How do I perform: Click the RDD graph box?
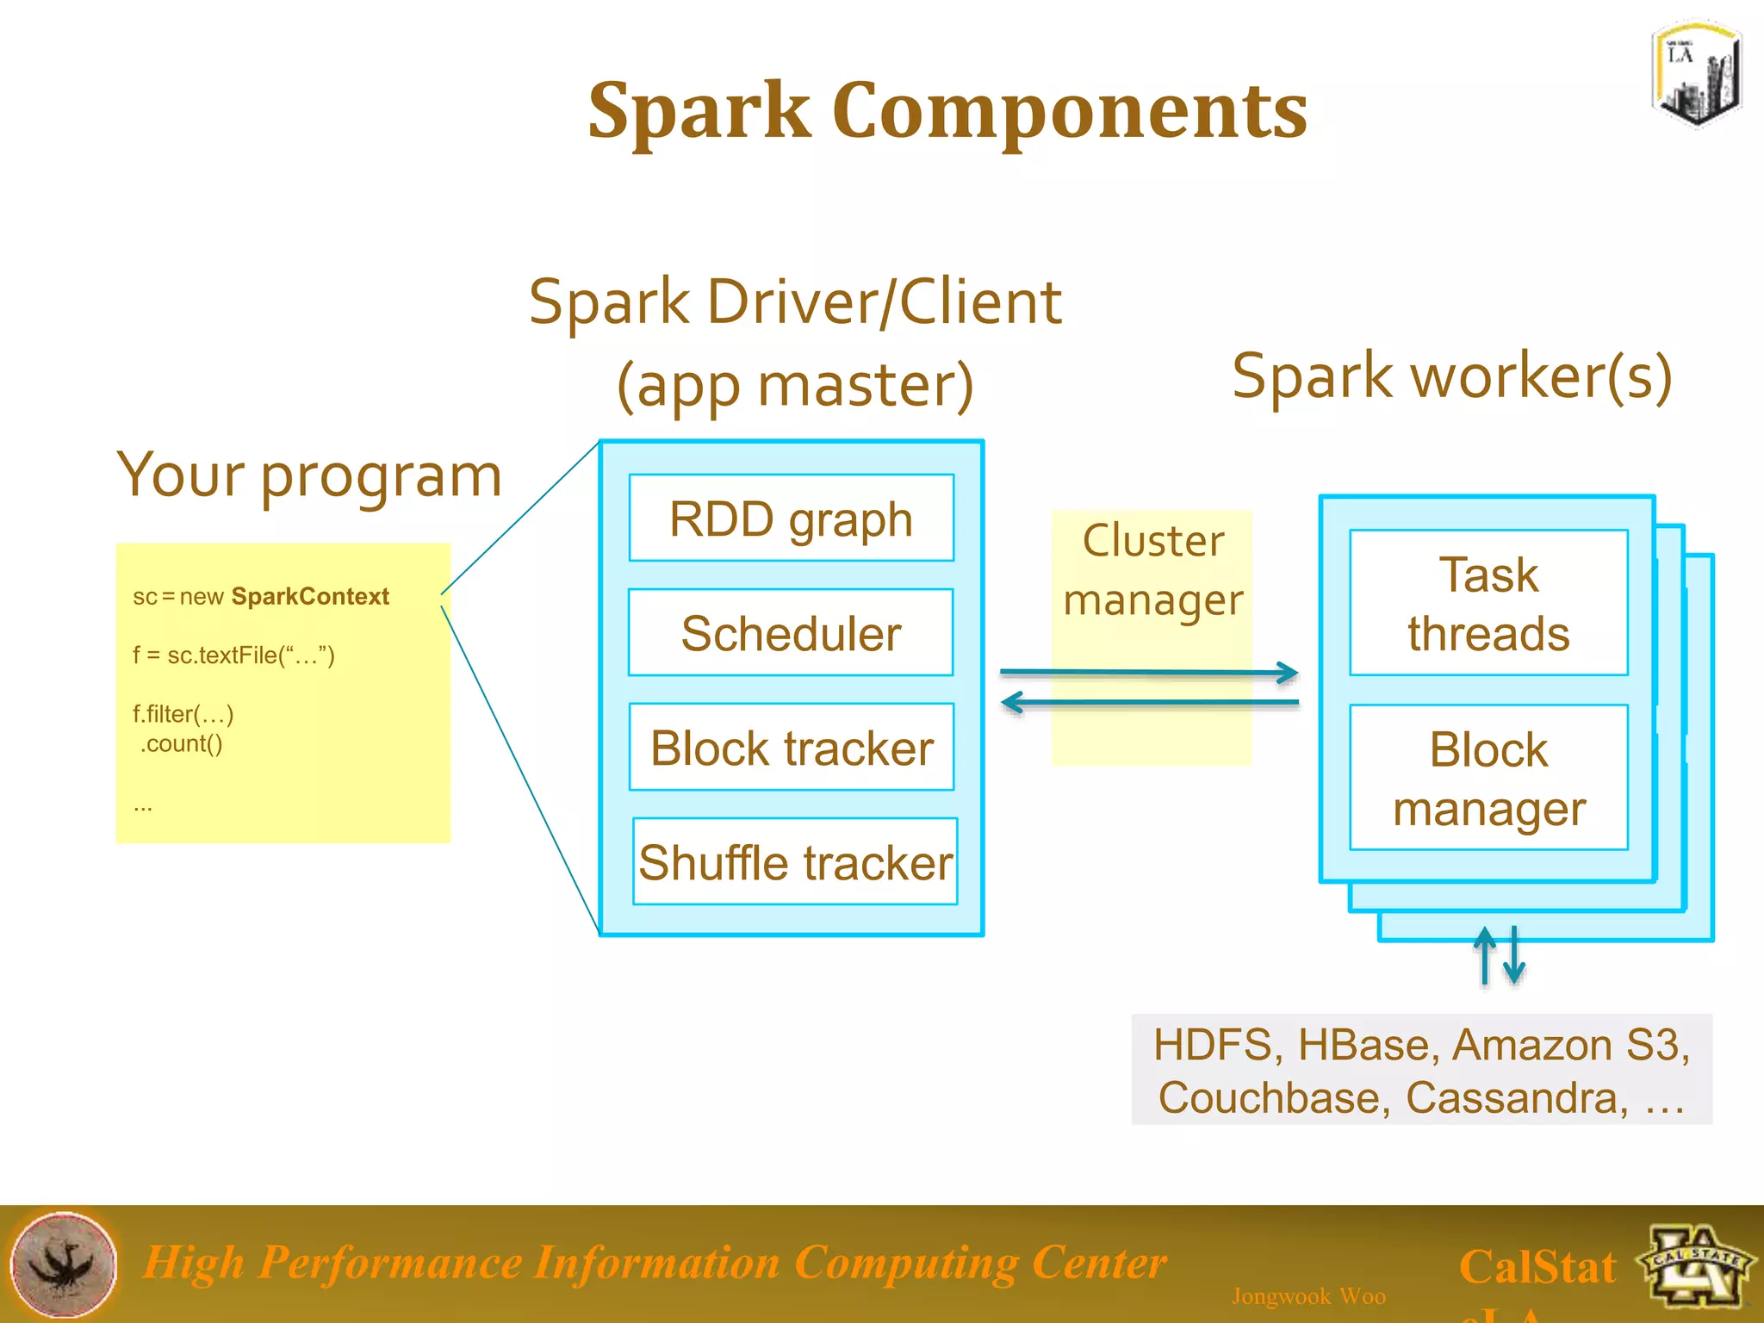coord(791,519)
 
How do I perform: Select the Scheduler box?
coord(791,633)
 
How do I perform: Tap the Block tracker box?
coord(791,748)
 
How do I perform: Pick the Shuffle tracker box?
coord(795,862)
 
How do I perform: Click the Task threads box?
coord(1488,603)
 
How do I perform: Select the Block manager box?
coord(1488,778)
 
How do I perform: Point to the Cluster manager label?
coord(1152,570)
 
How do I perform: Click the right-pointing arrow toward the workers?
coord(1149,672)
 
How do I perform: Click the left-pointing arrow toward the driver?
coord(1149,703)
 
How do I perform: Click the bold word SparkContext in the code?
coord(310,596)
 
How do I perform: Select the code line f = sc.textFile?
coord(233,655)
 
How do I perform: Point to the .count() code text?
coord(181,743)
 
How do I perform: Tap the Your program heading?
coord(309,475)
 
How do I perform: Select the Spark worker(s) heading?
coord(1452,376)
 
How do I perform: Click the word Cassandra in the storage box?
coord(1517,1098)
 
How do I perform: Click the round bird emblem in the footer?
coord(64,1264)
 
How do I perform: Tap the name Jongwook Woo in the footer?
coord(1308,1296)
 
